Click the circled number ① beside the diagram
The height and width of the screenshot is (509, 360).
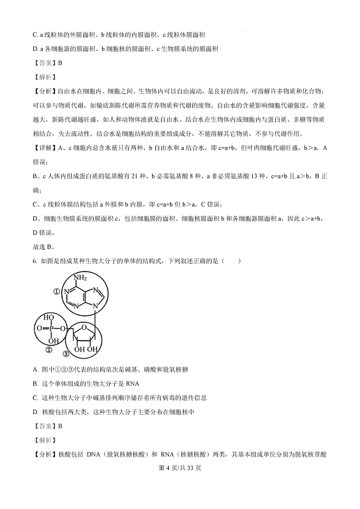[56, 292]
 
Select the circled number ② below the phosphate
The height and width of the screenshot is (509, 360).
[49, 351]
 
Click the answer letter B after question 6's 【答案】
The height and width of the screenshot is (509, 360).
[60, 426]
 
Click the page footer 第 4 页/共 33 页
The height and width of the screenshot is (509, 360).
[180, 468]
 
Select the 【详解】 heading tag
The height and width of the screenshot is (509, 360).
[45, 148]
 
